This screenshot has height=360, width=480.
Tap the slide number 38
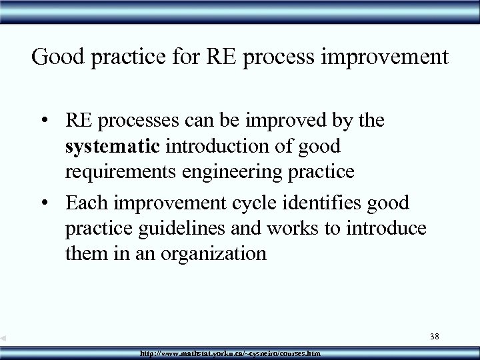[x=433, y=338]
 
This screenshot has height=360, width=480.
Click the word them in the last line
[x=86, y=253]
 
